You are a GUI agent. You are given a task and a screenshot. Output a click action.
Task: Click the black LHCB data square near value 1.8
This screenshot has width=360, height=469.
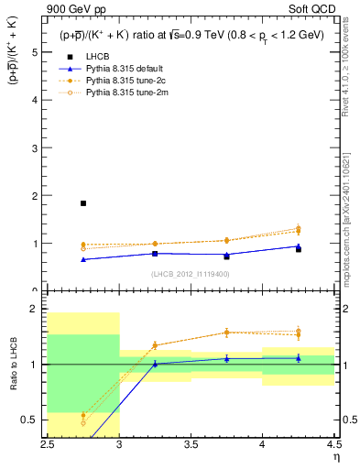pyautogui.click(x=83, y=203)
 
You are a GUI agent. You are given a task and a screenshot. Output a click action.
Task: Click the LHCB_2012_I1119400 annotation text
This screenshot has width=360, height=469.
pyautogui.click(x=191, y=274)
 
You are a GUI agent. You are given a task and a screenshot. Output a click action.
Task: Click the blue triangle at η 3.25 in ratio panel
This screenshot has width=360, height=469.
pyautogui.click(x=155, y=364)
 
